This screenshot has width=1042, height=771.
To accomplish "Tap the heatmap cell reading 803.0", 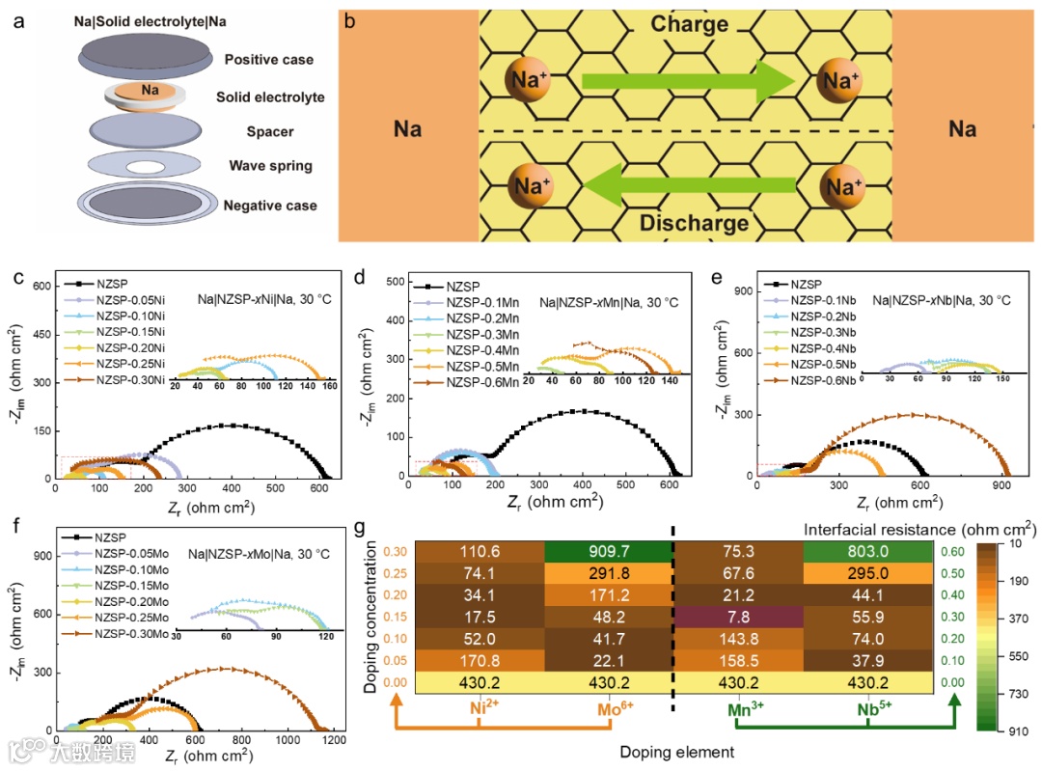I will (868, 552).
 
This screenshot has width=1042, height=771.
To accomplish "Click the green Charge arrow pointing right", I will (686, 82).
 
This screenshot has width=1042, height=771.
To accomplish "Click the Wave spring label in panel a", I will (270, 166).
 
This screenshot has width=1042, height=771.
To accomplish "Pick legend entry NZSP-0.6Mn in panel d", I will (482, 383).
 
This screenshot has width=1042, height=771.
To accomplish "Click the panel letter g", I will (360, 529).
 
